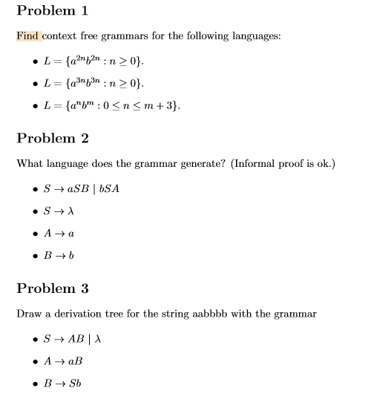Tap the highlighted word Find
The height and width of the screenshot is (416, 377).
(x=29, y=36)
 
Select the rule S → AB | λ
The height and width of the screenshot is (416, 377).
(x=73, y=338)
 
